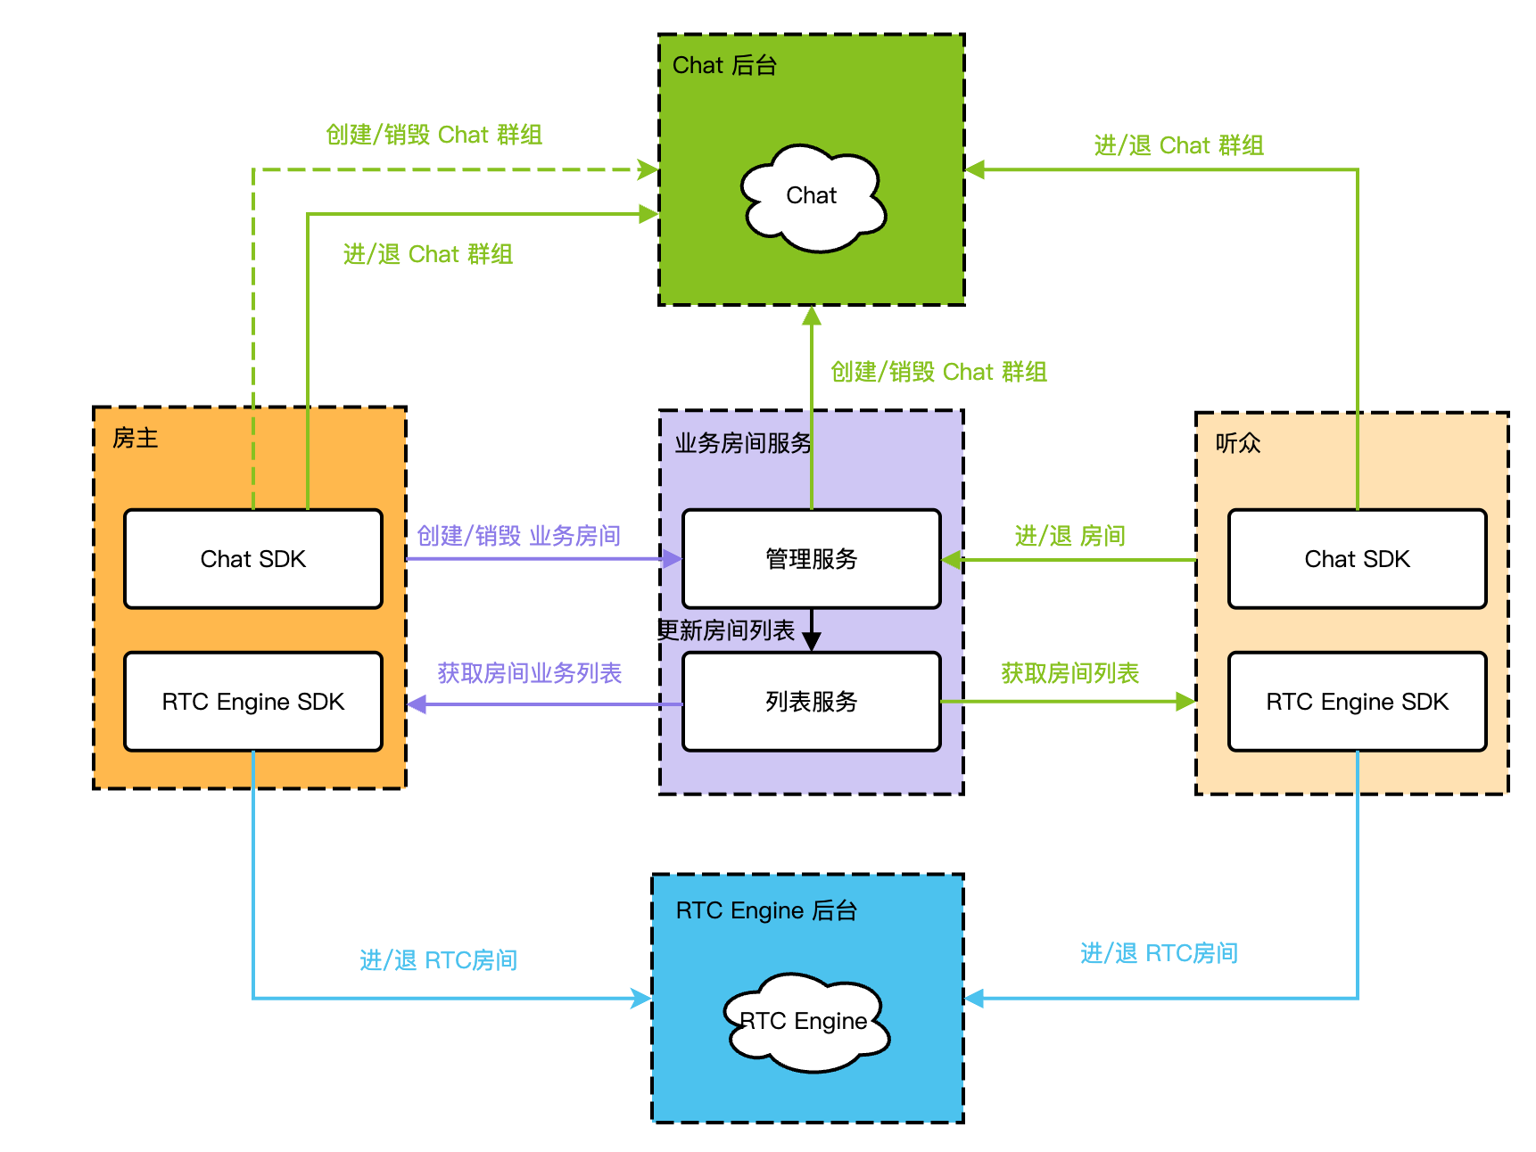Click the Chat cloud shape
[812, 197]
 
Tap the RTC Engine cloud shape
[806, 1022]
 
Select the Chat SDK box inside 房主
[253, 559]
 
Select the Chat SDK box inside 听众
[1357, 559]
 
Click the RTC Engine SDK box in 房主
[253, 702]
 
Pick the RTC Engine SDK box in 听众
[1357, 702]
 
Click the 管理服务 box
[811, 559]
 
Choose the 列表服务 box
[811, 702]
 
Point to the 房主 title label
[136, 438]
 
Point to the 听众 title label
[1238, 443]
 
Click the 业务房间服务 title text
[743, 443]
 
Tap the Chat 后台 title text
[724, 65]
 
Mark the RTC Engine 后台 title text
[766, 910]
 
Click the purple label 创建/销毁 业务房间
[518, 535]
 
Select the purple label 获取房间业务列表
[529, 673]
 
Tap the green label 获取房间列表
[1069, 673]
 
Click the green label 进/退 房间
[1069, 535]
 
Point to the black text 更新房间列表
[726, 630]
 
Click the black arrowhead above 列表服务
[812, 641]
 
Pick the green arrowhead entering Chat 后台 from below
[812, 316]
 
